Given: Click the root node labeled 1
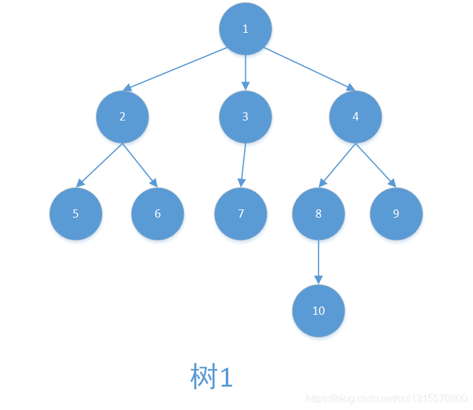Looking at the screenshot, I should click(245, 28).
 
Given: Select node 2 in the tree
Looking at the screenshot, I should click(122, 117).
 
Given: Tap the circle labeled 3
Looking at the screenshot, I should click(245, 117).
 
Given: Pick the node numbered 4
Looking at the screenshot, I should click(356, 117).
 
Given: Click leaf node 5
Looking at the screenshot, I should click(76, 213).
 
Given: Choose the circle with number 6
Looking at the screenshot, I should click(158, 213).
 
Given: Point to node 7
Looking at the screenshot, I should click(241, 213).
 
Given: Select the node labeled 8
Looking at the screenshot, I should click(318, 213).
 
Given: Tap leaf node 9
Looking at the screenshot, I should click(396, 213).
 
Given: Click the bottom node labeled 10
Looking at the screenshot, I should click(318, 310).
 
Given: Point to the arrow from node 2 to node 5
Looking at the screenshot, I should click(100, 165).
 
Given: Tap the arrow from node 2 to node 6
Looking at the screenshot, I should click(139, 165).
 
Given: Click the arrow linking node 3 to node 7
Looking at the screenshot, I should click(243, 165).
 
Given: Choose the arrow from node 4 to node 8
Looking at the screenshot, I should click(337, 165).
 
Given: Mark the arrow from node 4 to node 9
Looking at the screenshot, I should click(376, 165).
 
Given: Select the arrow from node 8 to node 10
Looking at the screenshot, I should click(318, 262).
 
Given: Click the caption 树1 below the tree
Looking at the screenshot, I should click(212, 377).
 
